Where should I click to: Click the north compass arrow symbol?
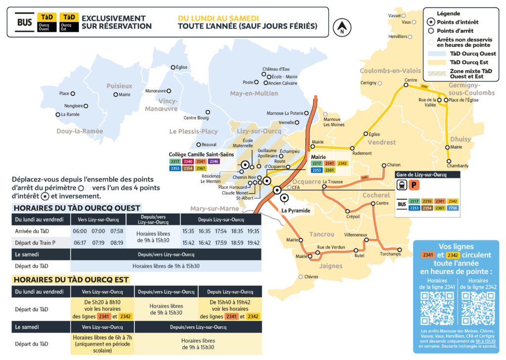[341, 28]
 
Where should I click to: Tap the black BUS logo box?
[24, 22]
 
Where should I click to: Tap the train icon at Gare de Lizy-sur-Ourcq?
[402, 185]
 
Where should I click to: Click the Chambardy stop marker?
[449, 160]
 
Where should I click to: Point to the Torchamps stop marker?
[400, 250]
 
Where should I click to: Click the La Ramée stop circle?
[58, 115]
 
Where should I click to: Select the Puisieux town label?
[120, 86]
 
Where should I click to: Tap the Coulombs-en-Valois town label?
[390, 71]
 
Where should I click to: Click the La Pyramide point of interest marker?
[284, 198]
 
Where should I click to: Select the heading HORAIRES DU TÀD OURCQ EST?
[71, 279]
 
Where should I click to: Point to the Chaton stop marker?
[384, 165]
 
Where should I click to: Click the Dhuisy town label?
[461, 139]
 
